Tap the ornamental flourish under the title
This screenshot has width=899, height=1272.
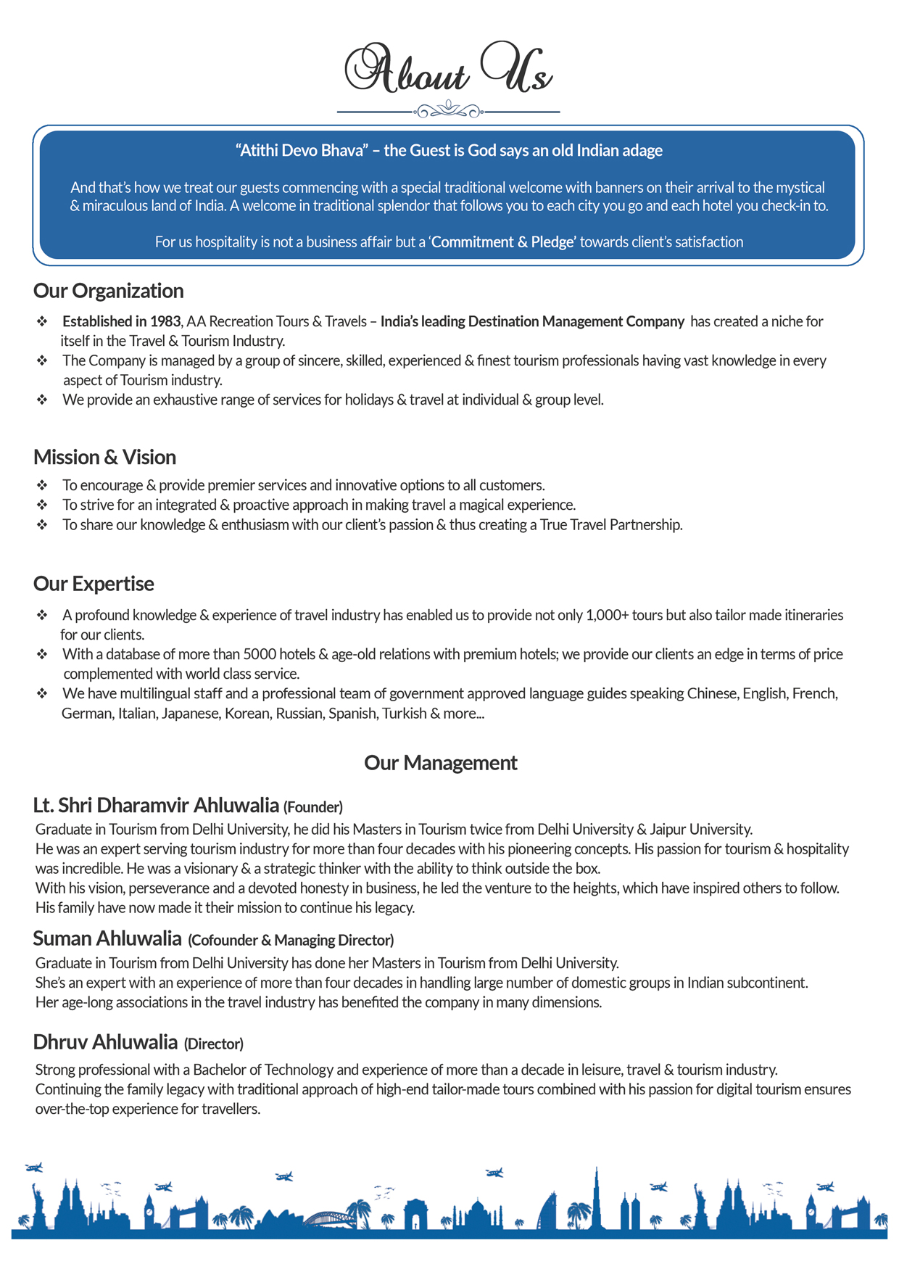click(x=449, y=110)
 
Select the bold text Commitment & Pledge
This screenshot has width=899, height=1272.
click(x=503, y=242)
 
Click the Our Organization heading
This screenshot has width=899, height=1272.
click(x=108, y=291)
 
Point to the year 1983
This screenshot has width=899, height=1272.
click(x=165, y=321)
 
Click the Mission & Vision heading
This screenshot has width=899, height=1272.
click(x=104, y=457)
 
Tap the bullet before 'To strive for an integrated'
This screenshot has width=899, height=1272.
click(x=42, y=505)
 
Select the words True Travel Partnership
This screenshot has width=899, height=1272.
click(x=610, y=524)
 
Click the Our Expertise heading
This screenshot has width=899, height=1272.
click(x=94, y=584)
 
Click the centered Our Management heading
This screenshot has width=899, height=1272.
click(x=440, y=763)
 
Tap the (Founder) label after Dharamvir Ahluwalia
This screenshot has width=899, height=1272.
click(x=312, y=807)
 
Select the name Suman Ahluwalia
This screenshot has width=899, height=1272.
click(x=107, y=939)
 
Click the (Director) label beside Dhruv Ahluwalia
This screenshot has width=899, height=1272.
click(x=213, y=1044)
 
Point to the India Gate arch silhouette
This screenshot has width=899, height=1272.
click(x=415, y=1213)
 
